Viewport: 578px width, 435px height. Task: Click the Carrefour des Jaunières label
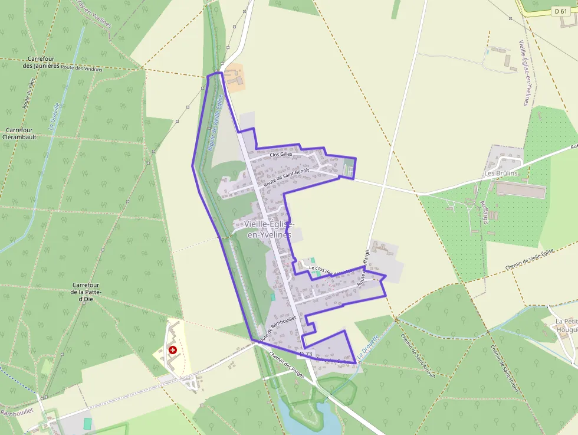pyautogui.click(x=41, y=62)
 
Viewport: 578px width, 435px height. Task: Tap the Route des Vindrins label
pyautogui.click(x=81, y=68)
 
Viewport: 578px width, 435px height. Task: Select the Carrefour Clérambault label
pyautogui.click(x=19, y=133)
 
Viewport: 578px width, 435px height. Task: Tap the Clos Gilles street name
pyautogui.click(x=278, y=154)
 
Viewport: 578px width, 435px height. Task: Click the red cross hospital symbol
pyautogui.click(x=173, y=350)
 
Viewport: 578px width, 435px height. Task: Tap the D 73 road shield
pyautogui.click(x=306, y=354)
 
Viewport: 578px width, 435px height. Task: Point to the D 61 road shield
pyautogui.click(x=560, y=11)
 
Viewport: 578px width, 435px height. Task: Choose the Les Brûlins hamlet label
pyautogui.click(x=501, y=174)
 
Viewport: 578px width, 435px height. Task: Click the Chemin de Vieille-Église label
pyautogui.click(x=530, y=260)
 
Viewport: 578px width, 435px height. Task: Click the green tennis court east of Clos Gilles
pyautogui.click(x=349, y=168)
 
